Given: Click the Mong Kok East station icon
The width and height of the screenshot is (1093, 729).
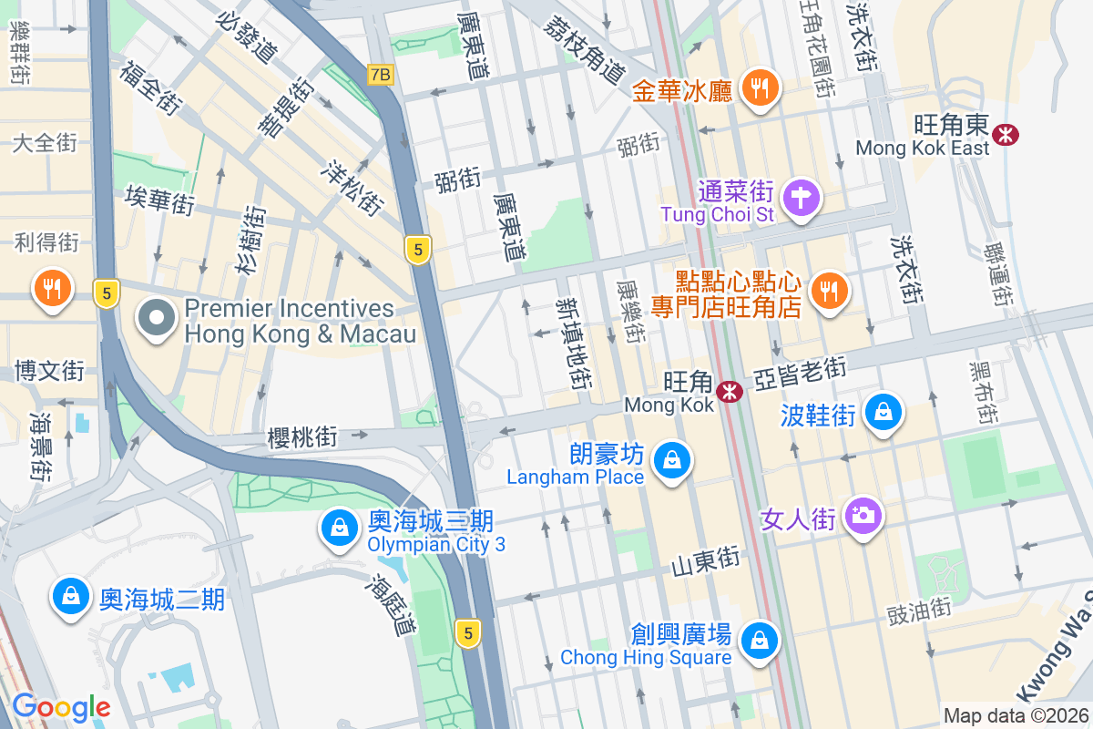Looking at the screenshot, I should [x=1006, y=135].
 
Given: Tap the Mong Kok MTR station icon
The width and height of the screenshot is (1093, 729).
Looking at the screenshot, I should [x=729, y=392].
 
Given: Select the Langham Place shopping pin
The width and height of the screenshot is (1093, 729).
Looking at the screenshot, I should [x=671, y=461].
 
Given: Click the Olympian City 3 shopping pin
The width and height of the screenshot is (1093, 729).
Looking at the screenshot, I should [x=339, y=528].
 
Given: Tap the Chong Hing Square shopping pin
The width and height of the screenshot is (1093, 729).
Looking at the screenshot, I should [x=758, y=641].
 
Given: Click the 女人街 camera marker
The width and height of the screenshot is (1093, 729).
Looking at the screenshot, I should [x=862, y=516].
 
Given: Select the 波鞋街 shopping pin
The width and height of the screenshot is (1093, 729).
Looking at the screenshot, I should [x=884, y=413].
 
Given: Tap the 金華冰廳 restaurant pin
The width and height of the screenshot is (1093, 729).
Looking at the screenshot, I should [x=758, y=87].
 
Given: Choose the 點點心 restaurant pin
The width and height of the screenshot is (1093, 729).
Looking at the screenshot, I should [x=828, y=292].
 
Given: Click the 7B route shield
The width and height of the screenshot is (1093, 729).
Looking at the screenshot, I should [x=381, y=75].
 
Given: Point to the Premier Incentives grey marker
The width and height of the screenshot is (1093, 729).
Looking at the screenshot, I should [x=157, y=319].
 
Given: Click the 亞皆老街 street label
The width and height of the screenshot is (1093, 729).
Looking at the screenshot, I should [x=800, y=373].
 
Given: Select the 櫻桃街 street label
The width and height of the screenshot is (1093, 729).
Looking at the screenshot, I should [x=302, y=438].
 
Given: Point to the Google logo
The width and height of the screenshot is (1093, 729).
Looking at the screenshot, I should [x=61, y=707].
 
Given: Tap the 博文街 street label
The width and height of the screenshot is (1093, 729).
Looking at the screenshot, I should [x=49, y=371].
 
